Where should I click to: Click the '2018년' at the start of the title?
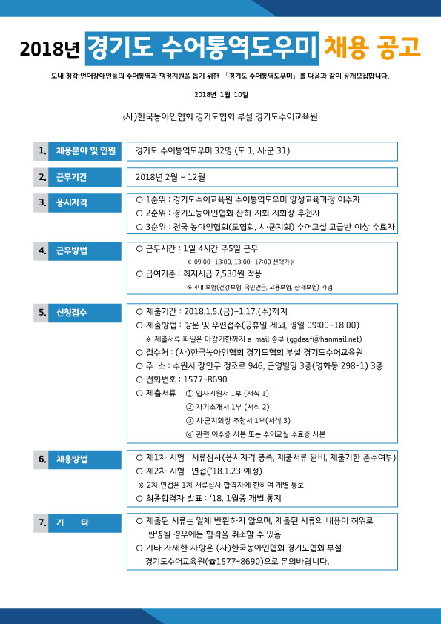click(49, 50)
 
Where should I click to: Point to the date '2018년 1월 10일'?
click(221, 95)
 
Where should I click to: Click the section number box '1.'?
click(42, 151)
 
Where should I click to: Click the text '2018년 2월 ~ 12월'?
click(171, 177)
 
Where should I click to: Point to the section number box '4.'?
click(42, 250)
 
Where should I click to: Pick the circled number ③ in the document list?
click(189, 420)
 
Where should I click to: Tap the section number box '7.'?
click(42, 523)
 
